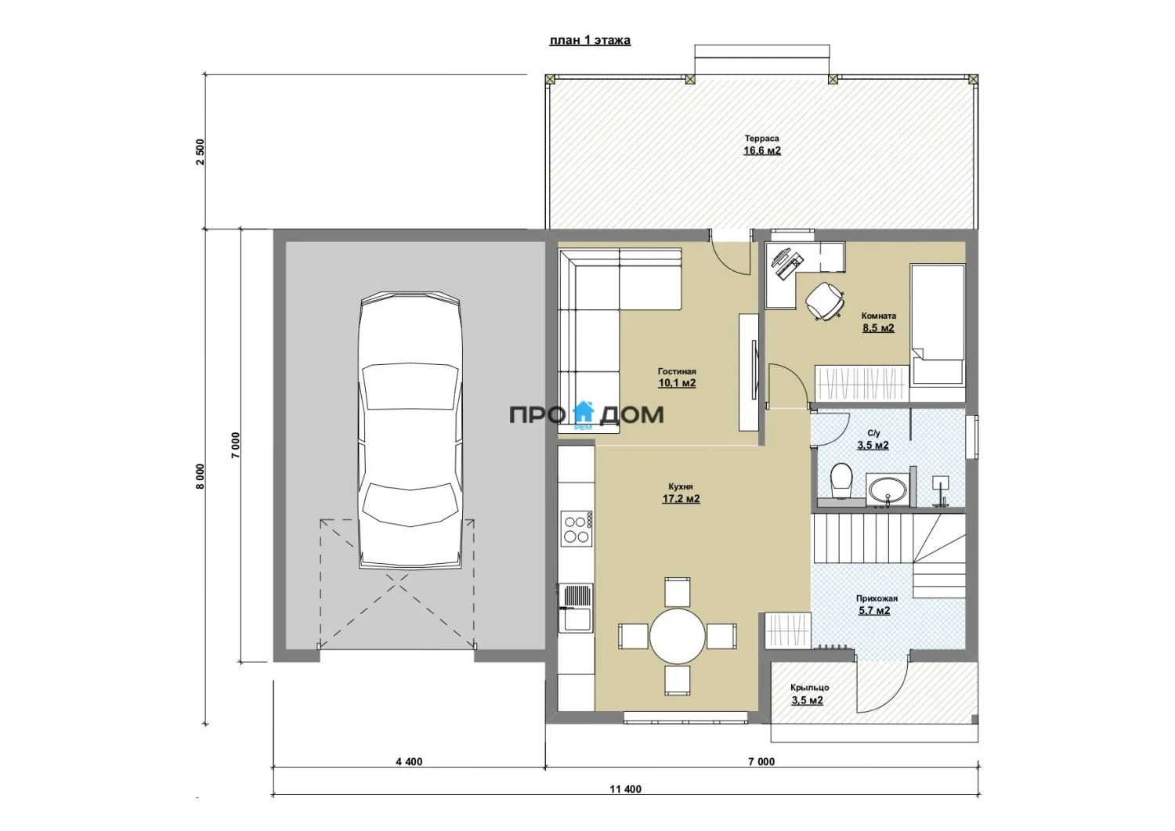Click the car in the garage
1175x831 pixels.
[x=410, y=429]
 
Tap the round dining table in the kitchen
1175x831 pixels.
[x=678, y=635]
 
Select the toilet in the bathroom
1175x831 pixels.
[x=841, y=481]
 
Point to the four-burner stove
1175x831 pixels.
[x=576, y=529]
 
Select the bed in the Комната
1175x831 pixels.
[x=938, y=325]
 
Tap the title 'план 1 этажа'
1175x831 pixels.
[x=590, y=41]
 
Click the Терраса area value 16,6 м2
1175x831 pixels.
[x=761, y=151]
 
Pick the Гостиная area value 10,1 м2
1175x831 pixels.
[x=677, y=383]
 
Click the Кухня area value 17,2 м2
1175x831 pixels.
[x=681, y=498]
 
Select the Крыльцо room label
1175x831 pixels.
[x=809, y=688]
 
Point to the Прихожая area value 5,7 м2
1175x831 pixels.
[x=874, y=611]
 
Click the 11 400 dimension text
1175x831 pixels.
[x=625, y=804]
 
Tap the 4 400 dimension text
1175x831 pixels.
[x=409, y=762]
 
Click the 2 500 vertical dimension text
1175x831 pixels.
[x=200, y=152]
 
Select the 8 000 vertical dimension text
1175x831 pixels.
[x=200, y=476]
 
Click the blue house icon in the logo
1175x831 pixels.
[x=584, y=413]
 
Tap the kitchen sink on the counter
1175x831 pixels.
[x=576, y=608]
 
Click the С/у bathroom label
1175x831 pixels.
[x=873, y=433]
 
